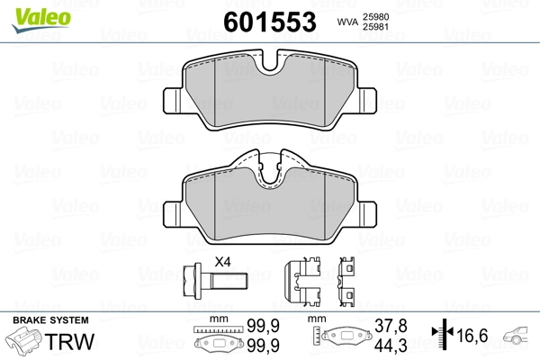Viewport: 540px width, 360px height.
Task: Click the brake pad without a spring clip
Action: [271, 92]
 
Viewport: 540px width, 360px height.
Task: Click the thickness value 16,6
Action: [472, 335]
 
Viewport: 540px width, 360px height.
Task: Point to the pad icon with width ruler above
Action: [218, 342]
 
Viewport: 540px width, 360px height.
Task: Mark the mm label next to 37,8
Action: [316, 319]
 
